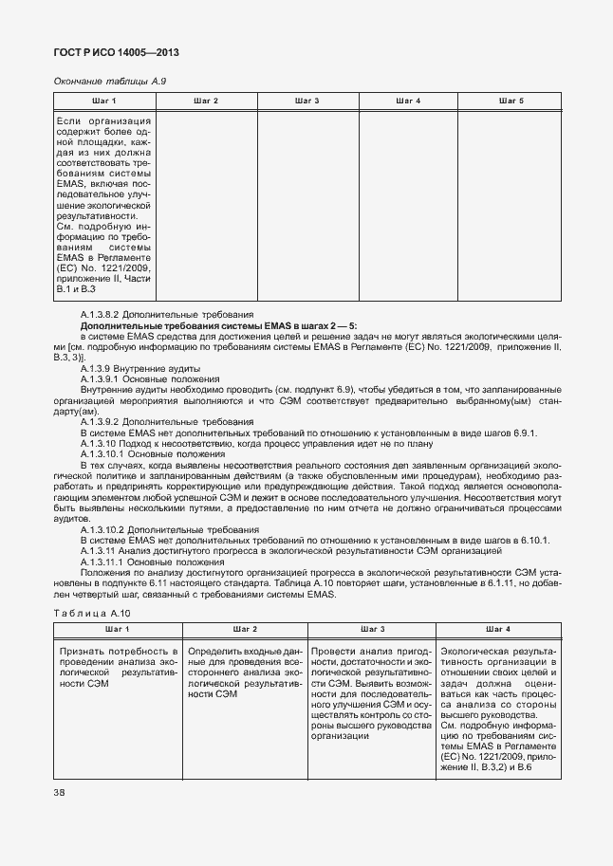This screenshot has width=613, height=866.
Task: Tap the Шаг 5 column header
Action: point(511,101)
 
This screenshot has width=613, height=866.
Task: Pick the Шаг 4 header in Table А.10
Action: point(498,630)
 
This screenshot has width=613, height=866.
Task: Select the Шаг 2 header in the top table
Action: point(206,101)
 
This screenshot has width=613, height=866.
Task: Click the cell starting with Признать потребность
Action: point(118,668)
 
